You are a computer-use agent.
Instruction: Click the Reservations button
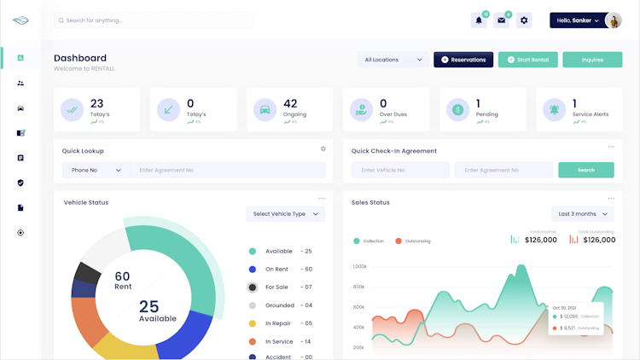click(x=463, y=60)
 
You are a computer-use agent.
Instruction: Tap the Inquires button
click(x=592, y=60)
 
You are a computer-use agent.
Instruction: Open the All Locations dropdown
click(x=393, y=60)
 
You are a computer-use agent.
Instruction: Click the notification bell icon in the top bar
click(x=479, y=20)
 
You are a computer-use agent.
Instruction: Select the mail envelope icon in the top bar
click(x=502, y=20)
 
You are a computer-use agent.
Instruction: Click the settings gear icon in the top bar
click(x=524, y=20)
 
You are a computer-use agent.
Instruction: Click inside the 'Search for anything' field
click(x=154, y=20)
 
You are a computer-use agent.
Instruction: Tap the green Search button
click(x=585, y=170)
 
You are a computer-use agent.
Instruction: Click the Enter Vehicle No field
click(x=400, y=170)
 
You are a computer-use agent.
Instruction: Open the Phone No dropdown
click(x=96, y=170)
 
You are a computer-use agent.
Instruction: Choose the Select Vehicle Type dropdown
click(x=285, y=214)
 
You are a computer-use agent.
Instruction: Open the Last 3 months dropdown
click(x=583, y=214)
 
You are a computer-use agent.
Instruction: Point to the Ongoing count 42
click(x=290, y=104)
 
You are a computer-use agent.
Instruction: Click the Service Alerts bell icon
click(x=556, y=109)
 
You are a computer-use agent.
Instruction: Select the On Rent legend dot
click(x=253, y=270)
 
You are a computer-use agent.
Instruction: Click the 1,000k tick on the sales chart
click(x=358, y=266)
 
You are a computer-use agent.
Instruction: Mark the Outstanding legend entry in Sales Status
click(x=413, y=241)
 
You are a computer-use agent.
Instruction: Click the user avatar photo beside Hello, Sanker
click(x=613, y=20)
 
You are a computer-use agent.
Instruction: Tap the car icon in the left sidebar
click(x=20, y=108)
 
